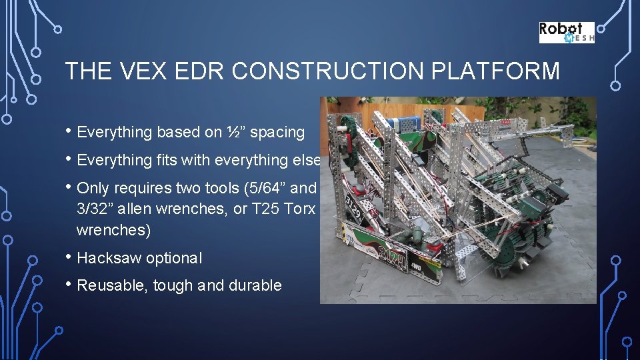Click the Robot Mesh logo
(x=566, y=33)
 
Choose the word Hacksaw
(x=110, y=258)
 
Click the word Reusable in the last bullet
(x=111, y=285)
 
